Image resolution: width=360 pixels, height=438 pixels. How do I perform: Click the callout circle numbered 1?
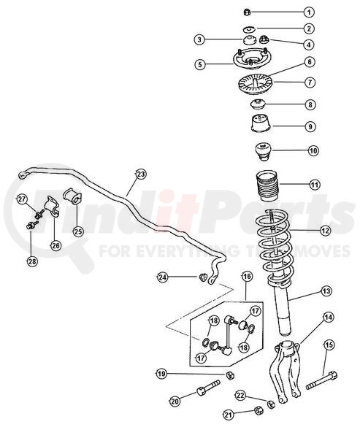click(x=309, y=12)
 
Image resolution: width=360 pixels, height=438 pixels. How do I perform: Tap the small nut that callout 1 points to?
click(x=247, y=12)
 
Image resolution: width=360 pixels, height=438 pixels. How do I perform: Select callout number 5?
click(x=200, y=64)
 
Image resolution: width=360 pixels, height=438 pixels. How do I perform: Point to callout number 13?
click(x=326, y=291)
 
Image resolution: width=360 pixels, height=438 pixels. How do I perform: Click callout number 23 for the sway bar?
click(x=141, y=174)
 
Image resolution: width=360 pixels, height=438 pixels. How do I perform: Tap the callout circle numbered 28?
click(x=32, y=261)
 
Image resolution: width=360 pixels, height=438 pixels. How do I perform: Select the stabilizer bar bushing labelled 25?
click(x=72, y=196)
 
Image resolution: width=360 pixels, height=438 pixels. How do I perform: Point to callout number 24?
click(x=162, y=277)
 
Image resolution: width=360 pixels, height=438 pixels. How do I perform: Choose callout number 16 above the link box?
click(x=247, y=276)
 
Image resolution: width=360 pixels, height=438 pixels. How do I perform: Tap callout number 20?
click(x=175, y=401)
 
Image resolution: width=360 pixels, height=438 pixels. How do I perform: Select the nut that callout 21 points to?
click(x=259, y=410)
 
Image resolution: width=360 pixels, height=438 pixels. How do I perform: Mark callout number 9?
click(x=310, y=126)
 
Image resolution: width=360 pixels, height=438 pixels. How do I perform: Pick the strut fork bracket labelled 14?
click(x=285, y=372)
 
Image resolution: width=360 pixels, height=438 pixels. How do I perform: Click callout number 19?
click(x=161, y=374)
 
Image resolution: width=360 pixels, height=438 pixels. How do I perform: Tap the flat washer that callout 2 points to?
click(x=248, y=28)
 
